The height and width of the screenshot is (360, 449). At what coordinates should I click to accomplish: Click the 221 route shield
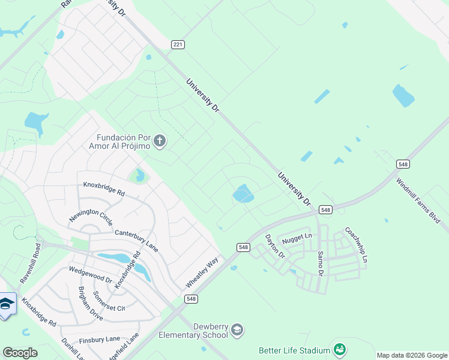click(x=177, y=44)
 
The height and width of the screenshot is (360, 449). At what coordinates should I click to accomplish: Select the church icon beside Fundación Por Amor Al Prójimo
click(x=159, y=142)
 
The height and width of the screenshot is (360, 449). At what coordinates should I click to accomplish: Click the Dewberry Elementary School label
click(x=193, y=331)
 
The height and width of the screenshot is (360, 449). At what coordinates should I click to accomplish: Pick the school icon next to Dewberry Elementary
click(x=237, y=329)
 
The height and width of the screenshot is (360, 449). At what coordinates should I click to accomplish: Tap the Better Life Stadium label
click(x=294, y=350)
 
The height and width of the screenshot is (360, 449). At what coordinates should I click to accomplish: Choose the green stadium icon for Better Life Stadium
click(x=339, y=349)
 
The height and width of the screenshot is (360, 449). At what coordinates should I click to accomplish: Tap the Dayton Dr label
click(x=276, y=246)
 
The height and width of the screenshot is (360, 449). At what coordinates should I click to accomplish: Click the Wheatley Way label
click(x=202, y=271)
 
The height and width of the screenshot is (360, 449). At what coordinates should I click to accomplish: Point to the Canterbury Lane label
click(x=136, y=240)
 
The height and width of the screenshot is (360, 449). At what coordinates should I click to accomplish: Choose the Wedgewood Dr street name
click(x=91, y=275)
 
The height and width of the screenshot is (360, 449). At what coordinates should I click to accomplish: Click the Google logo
click(x=20, y=353)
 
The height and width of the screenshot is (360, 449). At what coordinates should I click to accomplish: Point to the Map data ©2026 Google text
click(x=412, y=355)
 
